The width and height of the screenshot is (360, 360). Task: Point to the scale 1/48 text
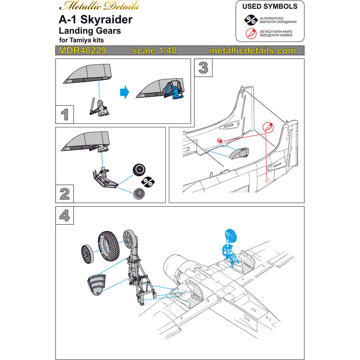[154, 51]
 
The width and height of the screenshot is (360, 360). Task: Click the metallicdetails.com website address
[252, 51]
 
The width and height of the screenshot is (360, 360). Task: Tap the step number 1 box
[65, 113]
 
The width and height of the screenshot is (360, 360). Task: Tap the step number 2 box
[65, 193]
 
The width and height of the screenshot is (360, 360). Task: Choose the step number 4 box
[65, 214]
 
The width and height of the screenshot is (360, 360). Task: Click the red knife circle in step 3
[268, 127]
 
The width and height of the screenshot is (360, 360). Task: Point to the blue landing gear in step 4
[229, 243]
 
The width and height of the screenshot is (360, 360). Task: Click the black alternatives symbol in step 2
[148, 181]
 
